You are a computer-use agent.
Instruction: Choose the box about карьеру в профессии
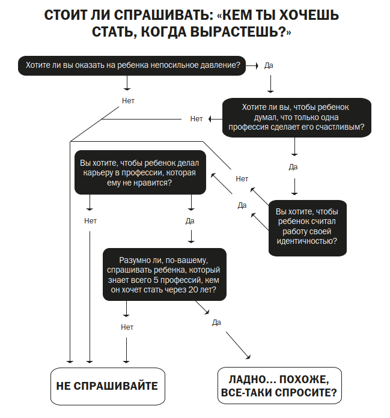[x=140, y=172]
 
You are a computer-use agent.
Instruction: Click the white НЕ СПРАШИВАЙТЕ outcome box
[x=106, y=386]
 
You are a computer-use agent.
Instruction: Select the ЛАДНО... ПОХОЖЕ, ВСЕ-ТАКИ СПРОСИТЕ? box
[x=278, y=386]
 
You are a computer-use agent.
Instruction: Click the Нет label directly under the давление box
[x=128, y=100]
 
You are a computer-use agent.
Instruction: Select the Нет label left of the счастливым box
[x=197, y=118]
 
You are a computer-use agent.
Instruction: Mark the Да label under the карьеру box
[x=190, y=221]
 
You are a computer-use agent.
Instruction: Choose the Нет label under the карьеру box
[x=90, y=221]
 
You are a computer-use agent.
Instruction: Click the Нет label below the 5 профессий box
[x=127, y=327]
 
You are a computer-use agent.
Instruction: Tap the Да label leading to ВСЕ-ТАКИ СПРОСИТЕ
[x=216, y=323]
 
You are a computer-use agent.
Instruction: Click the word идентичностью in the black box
[x=306, y=241]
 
